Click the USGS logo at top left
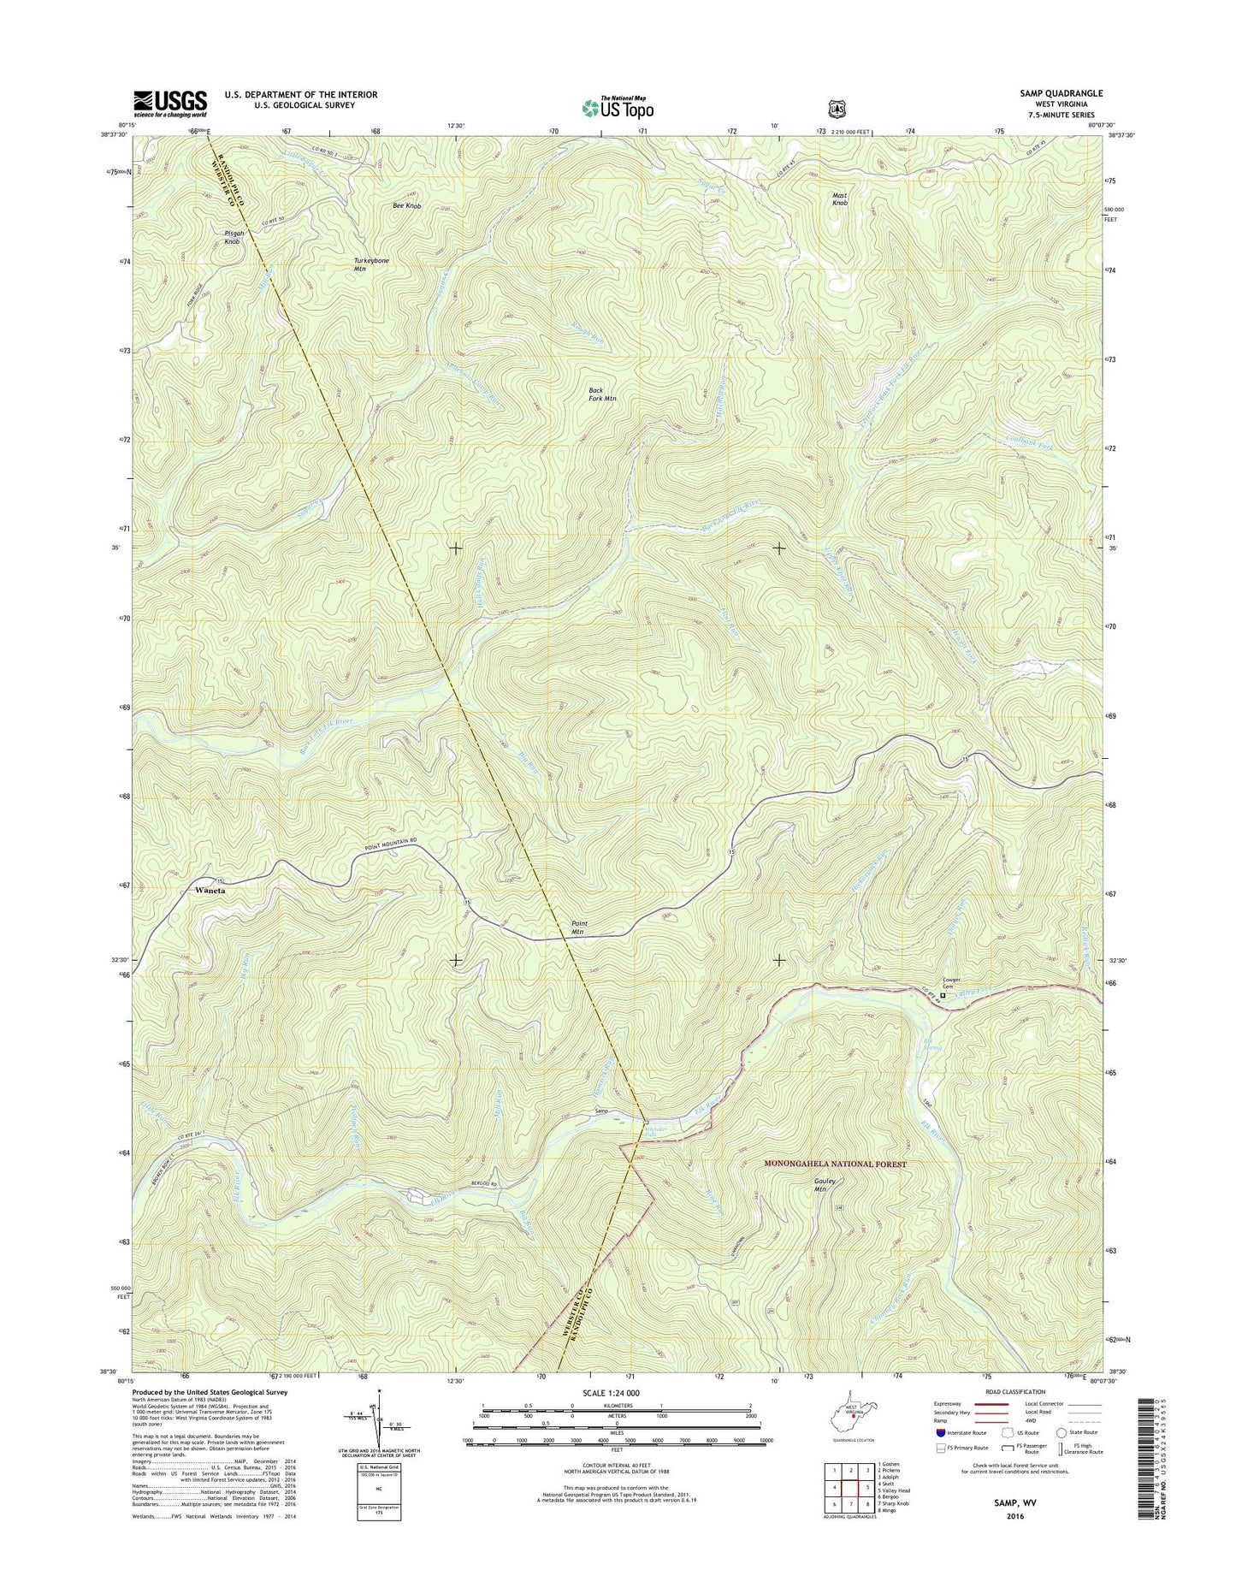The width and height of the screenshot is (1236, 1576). (169, 104)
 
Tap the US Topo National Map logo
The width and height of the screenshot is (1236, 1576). (618, 107)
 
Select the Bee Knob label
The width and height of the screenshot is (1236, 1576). (406, 206)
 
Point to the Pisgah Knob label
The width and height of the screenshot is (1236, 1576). (233, 237)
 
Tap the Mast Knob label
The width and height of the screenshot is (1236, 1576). (840, 199)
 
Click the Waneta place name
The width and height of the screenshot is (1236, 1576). (210, 891)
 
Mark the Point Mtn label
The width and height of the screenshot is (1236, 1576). (578, 927)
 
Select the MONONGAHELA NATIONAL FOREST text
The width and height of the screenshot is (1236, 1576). (834, 1164)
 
